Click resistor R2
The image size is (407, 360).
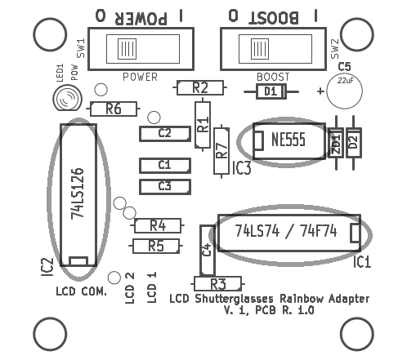tap(200, 87)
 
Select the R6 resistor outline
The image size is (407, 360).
tap(114, 109)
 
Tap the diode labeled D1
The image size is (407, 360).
tap(271, 91)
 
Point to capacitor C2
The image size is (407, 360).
tap(165, 134)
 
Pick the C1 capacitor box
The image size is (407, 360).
tap(165, 166)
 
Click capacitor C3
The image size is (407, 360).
tap(165, 187)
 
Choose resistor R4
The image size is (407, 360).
tap(158, 225)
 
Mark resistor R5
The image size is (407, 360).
tap(156, 246)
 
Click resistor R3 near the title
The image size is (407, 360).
tap(217, 284)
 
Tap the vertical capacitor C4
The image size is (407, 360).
tap(208, 251)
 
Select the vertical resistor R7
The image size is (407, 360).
tap(221, 151)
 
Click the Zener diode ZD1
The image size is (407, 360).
tap(336, 143)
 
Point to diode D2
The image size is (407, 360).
tap(353, 143)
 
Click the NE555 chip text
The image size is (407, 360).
tap(288, 140)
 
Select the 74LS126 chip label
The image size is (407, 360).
tap(78, 193)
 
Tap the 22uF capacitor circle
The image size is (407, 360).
tap(344, 91)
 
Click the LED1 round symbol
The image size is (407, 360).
tap(67, 98)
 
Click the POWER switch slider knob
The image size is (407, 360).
tap(127, 49)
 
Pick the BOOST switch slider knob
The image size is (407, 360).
tap(260, 49)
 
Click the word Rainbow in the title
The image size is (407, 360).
tap(302, 299)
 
